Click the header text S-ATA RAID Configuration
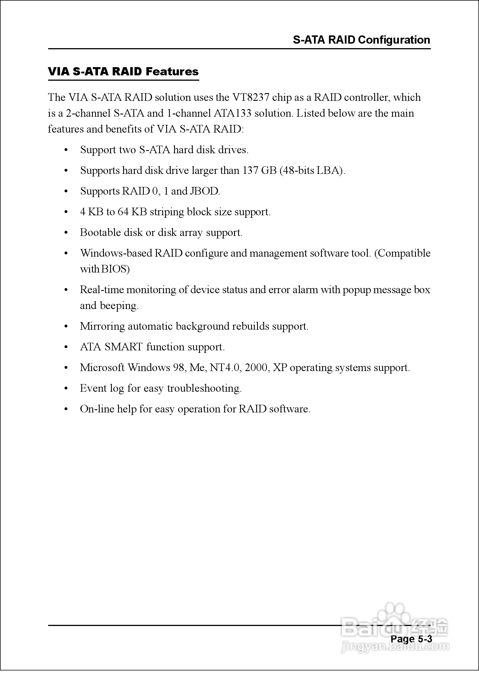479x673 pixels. point(361,40)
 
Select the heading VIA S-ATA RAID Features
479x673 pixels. point(123,72)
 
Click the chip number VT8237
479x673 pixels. point(251,97)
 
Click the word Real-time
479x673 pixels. point(102,290)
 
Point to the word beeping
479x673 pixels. point(119,306)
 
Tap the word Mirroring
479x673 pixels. point(102,326)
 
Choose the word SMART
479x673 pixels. point(124,347)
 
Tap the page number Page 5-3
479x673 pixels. point(411,639)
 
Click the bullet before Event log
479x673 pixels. point(66,389)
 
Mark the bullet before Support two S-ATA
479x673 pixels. point(66,150)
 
